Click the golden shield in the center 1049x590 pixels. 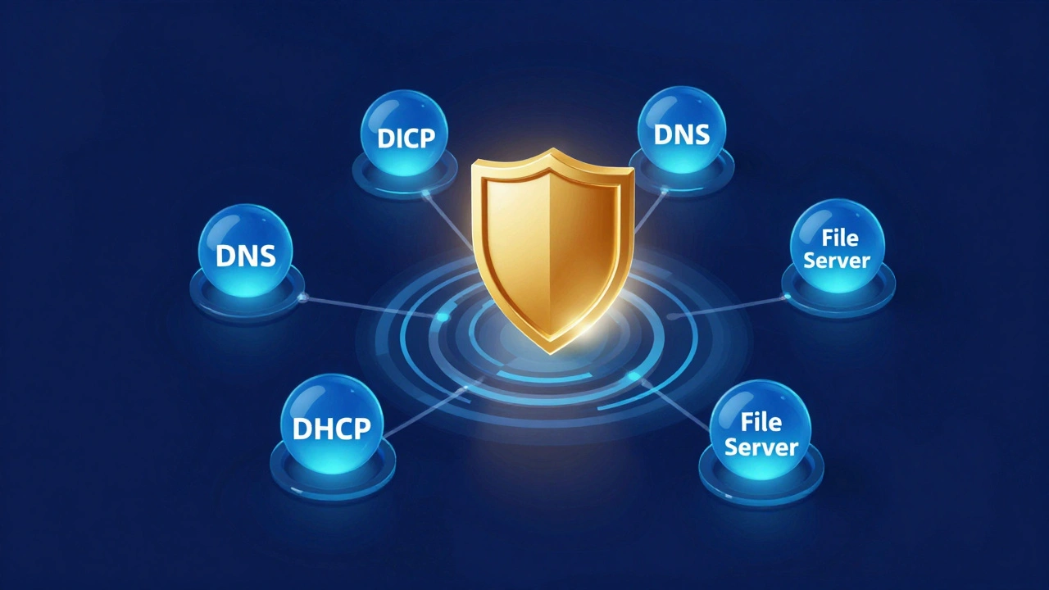point(551,246)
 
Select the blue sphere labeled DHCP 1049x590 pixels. point(331,427)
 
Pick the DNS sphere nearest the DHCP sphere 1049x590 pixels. point(245,253)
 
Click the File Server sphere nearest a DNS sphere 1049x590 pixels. point(837,247)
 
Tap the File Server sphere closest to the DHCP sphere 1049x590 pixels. point(760,433)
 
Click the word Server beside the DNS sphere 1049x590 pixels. point(837,261)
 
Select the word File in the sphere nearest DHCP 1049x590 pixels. point(760,422)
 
